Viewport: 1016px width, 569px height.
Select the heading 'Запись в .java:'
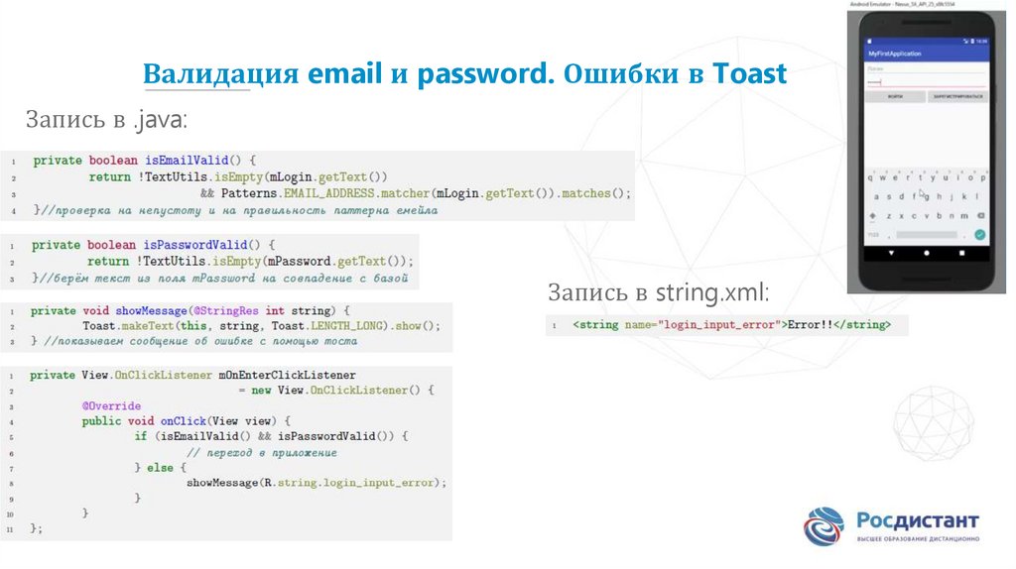coord(106,121)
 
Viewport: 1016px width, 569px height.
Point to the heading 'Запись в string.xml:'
coord(658,293)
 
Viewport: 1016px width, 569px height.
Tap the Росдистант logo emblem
coord(824,526)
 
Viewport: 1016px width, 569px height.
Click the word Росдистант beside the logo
coord(919,520)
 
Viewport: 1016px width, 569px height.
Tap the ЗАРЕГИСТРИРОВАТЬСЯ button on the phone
coord(957,97)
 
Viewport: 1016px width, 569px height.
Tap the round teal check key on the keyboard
coord(979,235)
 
